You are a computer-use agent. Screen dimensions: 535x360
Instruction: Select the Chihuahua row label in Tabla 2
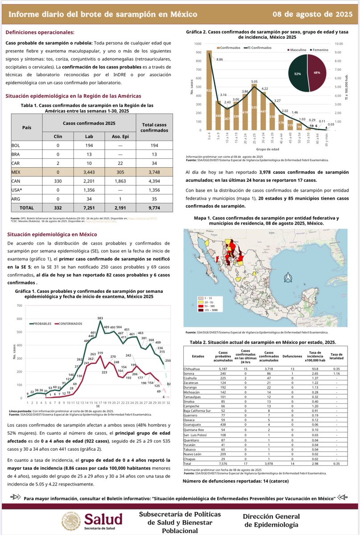coord(193,369)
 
